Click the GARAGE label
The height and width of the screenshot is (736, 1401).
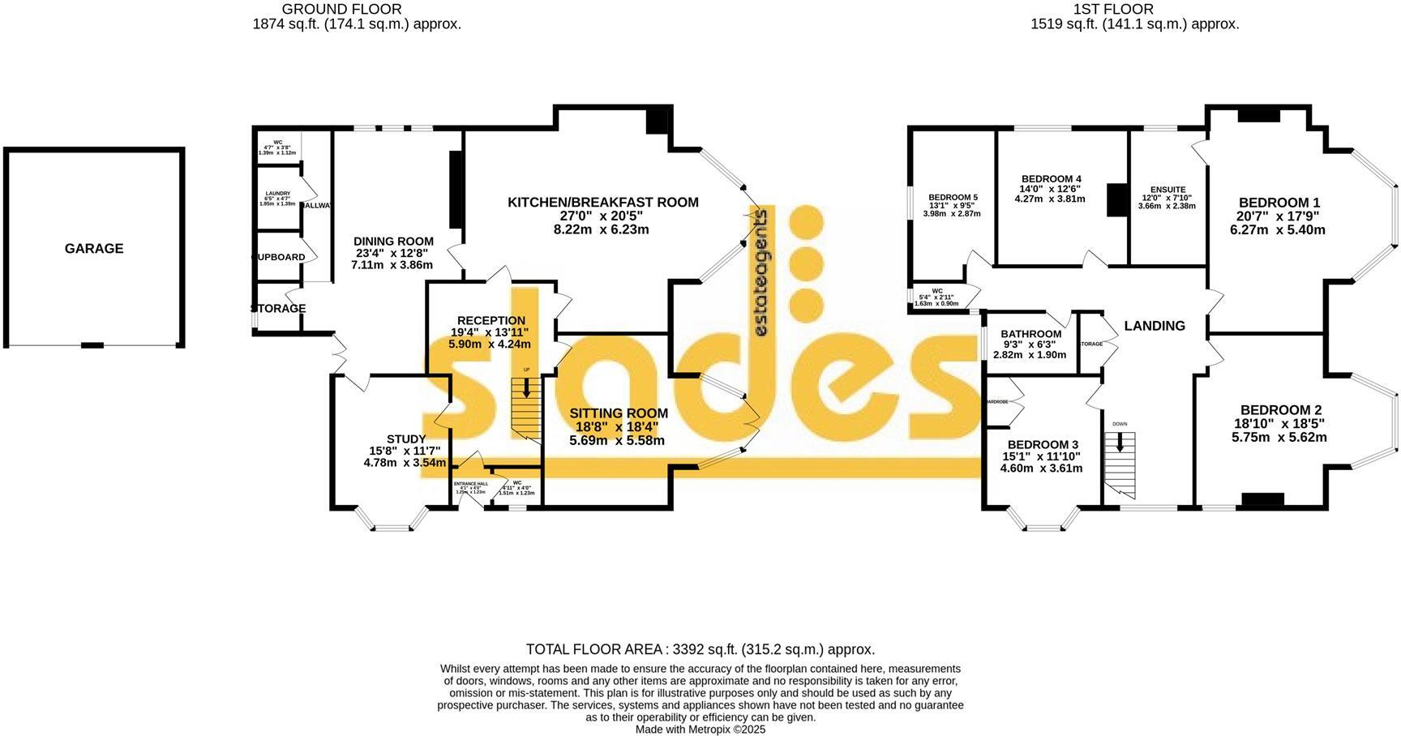pos(94,249)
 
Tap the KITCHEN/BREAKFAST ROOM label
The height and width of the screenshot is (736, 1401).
pos(602,203)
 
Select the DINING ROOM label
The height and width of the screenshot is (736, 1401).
pos(393,242)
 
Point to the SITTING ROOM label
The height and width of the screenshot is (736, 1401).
pos(618,413)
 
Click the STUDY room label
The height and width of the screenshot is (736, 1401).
pos(405,439)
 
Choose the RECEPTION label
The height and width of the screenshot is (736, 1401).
pos(491,321)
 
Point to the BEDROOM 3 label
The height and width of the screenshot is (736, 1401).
pos(1042,445)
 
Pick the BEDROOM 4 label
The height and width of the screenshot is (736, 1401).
pos(1051,179)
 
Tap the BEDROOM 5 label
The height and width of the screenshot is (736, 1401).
pos(953,198)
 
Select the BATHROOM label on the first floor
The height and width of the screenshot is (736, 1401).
pos(1030,334)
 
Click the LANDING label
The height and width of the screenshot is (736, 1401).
pos(1154,326)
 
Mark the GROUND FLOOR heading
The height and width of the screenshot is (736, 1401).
pos(341,10)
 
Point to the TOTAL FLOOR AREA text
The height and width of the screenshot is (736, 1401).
pos(700,649)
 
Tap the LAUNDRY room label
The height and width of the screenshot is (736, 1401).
pos(276,194)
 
